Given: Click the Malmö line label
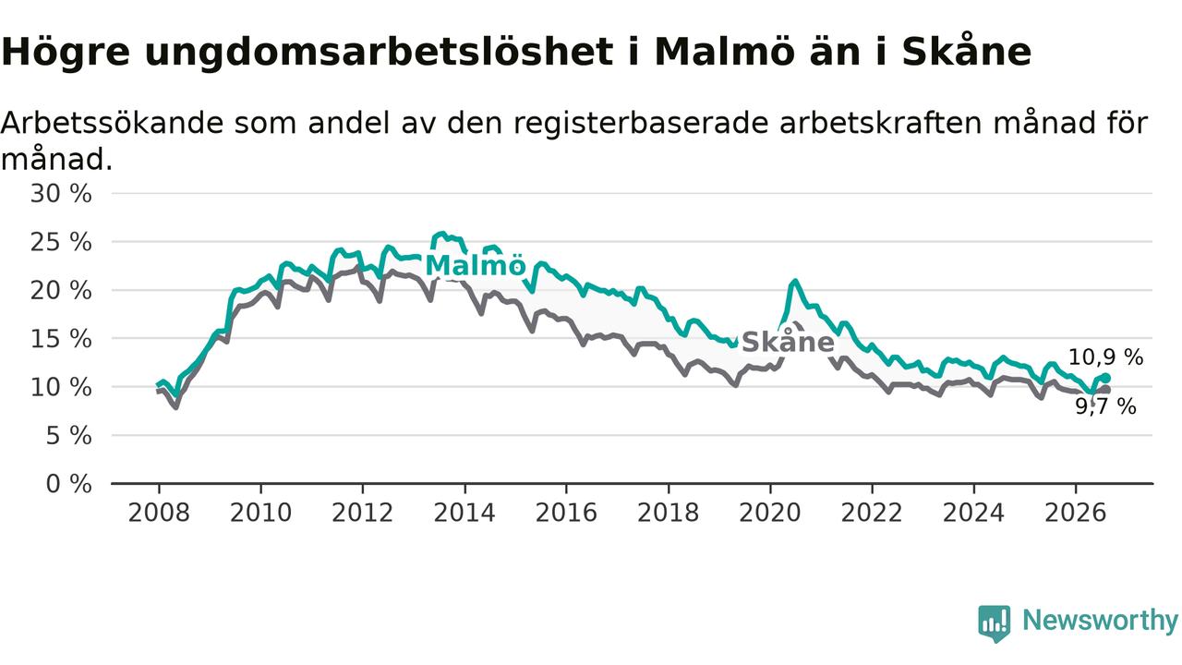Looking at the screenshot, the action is coord(476,265).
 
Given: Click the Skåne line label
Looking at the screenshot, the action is coord(788,342).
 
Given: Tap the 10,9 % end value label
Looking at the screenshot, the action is coord(1105,357).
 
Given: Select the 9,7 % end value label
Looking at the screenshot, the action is coord(1106,406).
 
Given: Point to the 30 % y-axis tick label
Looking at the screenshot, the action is coord(61,194).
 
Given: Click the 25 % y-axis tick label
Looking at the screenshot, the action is coord(61,242).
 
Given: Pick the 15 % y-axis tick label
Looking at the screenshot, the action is coord(61,339).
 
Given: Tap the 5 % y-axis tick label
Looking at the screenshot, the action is coord(68,436).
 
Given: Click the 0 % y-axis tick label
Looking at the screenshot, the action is coord(68,484).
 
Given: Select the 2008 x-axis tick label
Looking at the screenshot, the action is coord(159,513).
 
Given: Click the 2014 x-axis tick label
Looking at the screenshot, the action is coord(464,513).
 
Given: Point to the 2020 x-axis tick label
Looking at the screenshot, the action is coord(770,513).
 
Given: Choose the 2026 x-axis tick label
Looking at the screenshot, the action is coord(1076,513).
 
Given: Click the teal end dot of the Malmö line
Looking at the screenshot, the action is coord(1106,378).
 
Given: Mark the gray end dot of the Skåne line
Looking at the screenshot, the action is coord(1106,390).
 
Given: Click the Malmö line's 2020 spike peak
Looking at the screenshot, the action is coord(795,282).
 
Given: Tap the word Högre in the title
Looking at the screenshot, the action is coord(66,54).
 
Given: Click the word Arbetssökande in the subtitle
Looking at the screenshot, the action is coord(112,123).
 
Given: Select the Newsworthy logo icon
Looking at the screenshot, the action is coord(995,623).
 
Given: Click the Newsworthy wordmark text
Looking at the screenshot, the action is coord(1101,621).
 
